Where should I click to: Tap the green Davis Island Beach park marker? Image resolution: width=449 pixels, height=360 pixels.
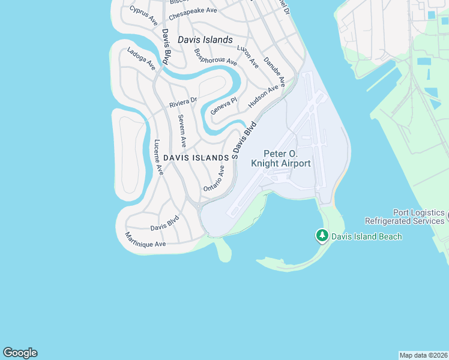[x=322, y=236]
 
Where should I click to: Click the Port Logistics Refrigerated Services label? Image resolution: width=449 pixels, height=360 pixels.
[x=419, y=217]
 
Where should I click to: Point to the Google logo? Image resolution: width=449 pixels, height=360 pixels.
[x=20, y=353]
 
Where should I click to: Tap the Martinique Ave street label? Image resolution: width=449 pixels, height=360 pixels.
[x=145, y=240]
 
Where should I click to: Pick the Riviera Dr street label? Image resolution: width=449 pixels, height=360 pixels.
[x=183, y=103]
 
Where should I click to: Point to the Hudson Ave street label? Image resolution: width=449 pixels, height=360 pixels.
[x=264, y=95]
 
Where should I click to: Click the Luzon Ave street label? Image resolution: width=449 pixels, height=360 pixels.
[x=247, y=55]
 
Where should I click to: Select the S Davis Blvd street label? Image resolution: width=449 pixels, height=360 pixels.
[x=244, y=140]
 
